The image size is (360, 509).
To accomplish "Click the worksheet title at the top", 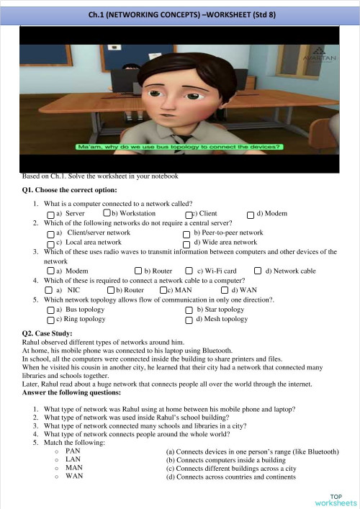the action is (179, 13).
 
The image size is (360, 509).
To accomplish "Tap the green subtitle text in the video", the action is (179, 147).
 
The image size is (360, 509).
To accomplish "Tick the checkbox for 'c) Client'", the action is (189, 215).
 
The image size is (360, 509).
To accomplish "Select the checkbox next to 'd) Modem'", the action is (251, 215).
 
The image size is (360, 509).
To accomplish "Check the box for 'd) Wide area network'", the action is (187, 244).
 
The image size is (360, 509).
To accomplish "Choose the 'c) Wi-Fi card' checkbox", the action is (189, 271).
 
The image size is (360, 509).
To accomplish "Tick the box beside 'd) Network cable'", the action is (257, 271).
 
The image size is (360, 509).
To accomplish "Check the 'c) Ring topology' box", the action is (50, 319).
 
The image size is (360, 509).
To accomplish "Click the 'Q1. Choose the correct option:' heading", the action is (69, 191).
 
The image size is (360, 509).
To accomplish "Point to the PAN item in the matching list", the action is (72, 451).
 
